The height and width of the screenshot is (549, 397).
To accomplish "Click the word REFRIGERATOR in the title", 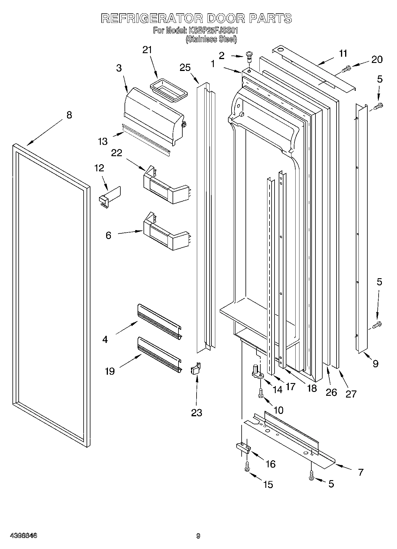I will pos(152,18).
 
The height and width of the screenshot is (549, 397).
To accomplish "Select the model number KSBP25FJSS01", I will pos(213,31).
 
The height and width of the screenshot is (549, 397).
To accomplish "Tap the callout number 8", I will pos(69,115).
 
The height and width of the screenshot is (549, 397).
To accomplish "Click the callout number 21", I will pos(147,50).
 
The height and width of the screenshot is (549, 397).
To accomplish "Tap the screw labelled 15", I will pos(247,466).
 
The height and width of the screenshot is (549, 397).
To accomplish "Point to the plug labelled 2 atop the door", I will pos(249,56).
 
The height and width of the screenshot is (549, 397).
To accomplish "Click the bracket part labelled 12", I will pos(110,195).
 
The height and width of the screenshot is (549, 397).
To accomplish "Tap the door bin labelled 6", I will pos(166,233).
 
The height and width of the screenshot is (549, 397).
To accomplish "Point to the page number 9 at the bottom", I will pos(198,536).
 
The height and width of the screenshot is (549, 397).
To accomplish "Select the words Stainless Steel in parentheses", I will pos(211,39).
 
